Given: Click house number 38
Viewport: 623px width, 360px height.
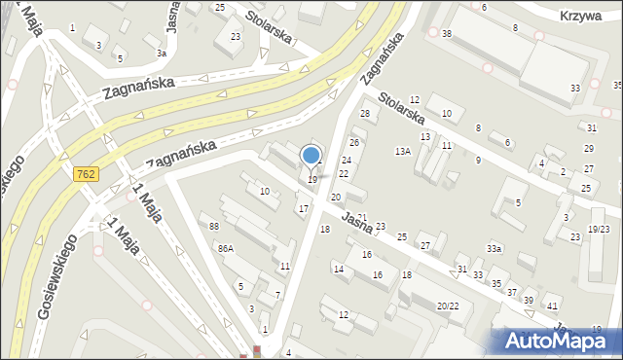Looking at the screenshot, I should [446, 33].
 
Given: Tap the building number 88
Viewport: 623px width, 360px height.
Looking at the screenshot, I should [214, 227].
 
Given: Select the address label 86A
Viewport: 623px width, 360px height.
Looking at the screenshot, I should [226, 249].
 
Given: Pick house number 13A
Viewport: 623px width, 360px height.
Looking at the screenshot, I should [403, 152].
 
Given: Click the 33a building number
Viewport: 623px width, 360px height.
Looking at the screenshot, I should [495, 249].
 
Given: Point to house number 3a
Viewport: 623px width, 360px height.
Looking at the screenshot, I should [162, 53].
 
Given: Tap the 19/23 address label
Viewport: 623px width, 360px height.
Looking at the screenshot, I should [599, 230].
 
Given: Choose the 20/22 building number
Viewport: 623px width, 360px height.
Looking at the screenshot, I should [448, 306].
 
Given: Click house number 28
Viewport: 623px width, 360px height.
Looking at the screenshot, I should [365, 114].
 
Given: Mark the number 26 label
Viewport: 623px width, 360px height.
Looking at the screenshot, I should [354, 143].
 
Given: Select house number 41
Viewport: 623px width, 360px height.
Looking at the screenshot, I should [552, 307].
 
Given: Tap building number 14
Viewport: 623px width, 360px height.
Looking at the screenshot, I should [338, 269].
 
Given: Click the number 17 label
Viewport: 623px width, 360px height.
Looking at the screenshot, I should [303, 209].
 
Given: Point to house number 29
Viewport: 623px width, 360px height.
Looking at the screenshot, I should [588, 148].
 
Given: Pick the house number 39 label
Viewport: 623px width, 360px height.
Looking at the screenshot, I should [529, 300].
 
